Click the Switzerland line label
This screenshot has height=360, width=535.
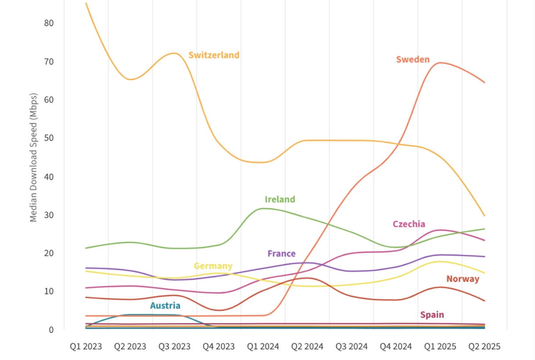214,55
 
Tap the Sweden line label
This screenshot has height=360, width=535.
413,59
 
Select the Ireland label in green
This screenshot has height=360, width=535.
280,199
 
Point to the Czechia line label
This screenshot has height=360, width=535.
409,224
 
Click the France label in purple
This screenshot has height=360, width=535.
282,254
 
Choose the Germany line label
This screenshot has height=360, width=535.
213,266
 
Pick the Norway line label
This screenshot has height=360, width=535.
463,279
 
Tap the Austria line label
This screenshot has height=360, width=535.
165,305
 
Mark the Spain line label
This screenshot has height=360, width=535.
432,315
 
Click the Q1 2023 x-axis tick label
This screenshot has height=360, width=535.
86,346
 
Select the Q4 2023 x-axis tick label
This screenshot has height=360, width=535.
219,346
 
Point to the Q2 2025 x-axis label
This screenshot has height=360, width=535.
484,346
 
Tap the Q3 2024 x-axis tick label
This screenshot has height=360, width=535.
351,346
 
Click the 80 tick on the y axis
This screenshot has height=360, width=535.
49,23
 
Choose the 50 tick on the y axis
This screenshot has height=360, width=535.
49,138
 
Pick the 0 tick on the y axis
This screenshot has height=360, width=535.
51,330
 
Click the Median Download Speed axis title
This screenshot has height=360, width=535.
34,157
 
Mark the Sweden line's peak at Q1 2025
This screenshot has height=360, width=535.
440,62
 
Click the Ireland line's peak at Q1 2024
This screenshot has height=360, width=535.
263,208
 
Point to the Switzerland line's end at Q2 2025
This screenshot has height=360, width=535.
484,216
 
